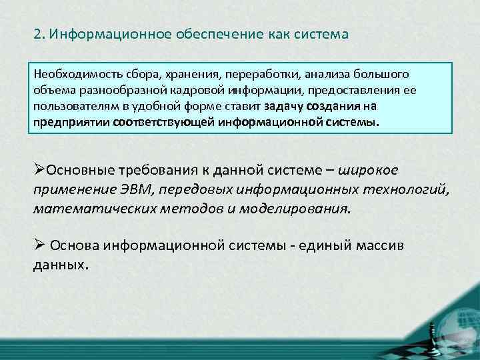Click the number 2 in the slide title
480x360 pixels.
(37, 34)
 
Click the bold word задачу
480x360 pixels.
(283, 106)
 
